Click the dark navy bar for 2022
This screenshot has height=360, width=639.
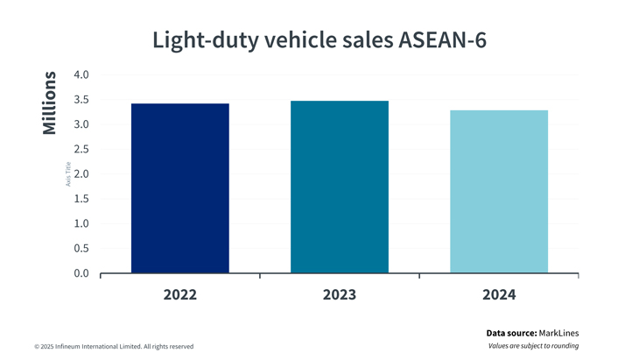[179, 188]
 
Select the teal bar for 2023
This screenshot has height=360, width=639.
[340, 187]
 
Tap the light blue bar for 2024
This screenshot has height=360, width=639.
[499, 192]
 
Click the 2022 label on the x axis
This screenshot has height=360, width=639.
[179, 294]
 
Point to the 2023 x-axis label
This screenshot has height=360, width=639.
[340, 294]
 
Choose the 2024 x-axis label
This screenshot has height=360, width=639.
[499, 294]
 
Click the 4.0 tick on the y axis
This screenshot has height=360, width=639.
[81, 75]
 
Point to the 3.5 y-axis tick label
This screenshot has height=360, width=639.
[81, 100]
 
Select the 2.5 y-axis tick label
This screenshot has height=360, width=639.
[81, 150]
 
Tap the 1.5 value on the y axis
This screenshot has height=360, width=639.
[81, 199]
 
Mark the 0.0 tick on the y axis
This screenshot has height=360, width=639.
[81, 273]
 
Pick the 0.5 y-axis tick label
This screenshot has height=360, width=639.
[81, 249]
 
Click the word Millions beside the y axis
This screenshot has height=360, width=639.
[50, 103]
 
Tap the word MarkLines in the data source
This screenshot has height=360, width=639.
[558, 333]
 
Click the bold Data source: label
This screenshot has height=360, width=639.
[512, 333]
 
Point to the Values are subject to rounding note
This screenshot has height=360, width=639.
[533, 346]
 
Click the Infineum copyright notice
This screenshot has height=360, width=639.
[114, 347]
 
